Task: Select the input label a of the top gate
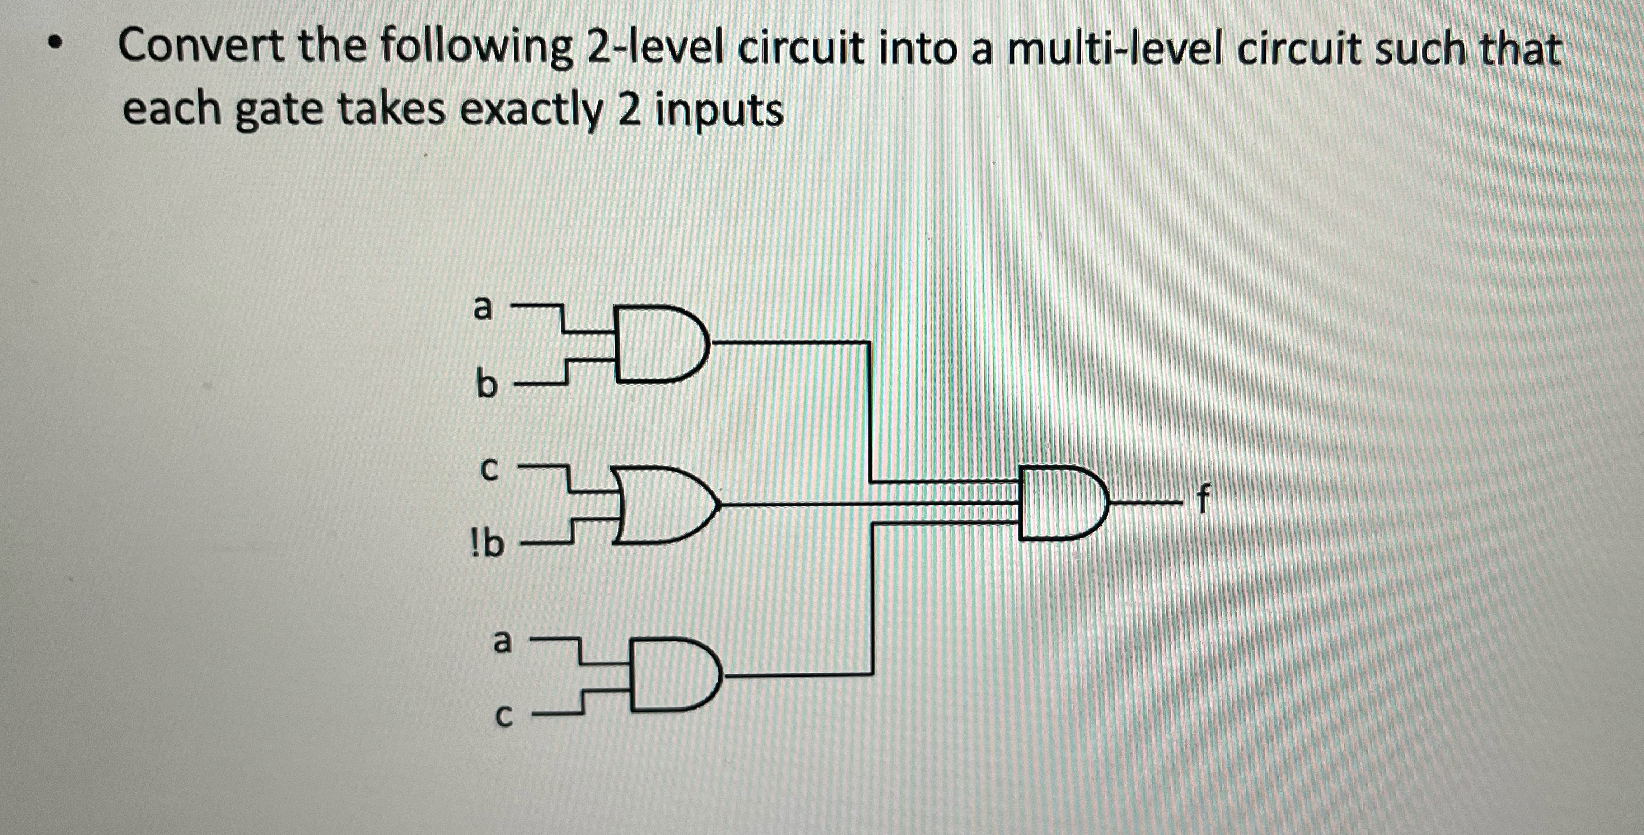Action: [483, 308]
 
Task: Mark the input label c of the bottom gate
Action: [504, 719]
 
